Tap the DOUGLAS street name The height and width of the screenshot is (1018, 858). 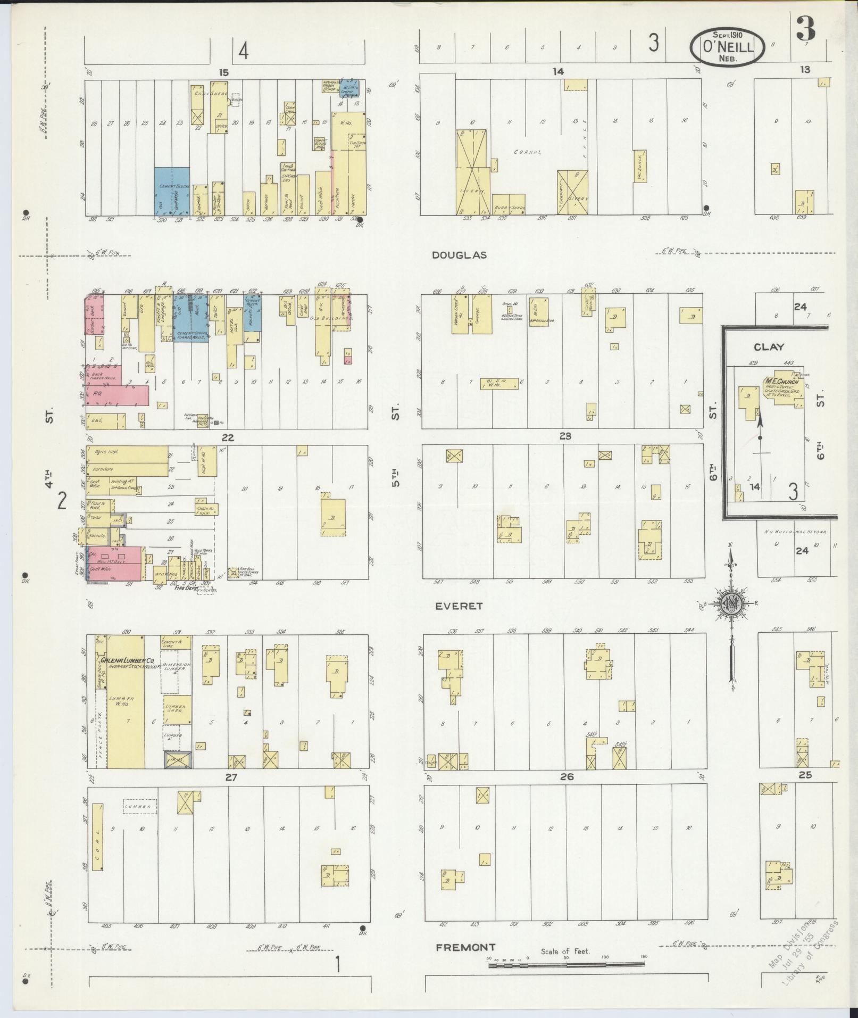(x=459, y=255)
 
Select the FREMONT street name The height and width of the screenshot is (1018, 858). (x=465, y=947)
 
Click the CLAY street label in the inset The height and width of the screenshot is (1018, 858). (x=769, y=347)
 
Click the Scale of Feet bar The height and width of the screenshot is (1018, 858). (x=567, y=964)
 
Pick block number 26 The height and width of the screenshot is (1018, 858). (x=567, y=777)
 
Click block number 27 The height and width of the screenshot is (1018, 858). (x=230, y=777)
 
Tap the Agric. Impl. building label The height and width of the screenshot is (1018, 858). (x=106, y=451)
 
